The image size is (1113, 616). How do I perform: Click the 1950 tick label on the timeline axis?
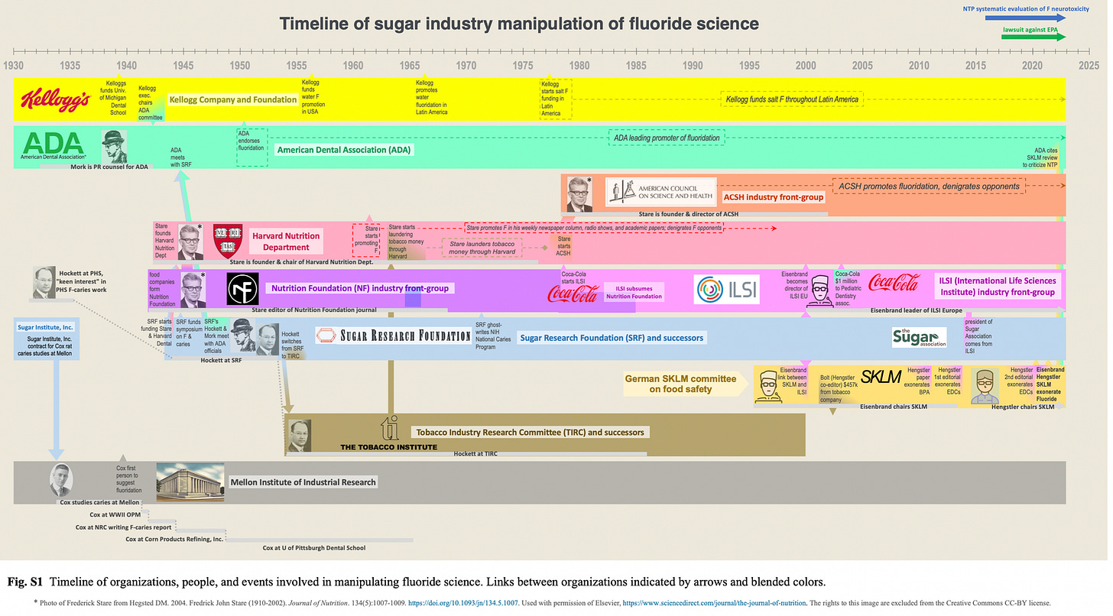click(240, 65)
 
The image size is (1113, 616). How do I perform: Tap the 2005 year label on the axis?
click(862, 65)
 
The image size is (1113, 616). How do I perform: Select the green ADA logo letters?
click(53, 144)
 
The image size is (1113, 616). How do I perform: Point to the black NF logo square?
click(242, 288)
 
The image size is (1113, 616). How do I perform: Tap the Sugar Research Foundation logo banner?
click(394, 336)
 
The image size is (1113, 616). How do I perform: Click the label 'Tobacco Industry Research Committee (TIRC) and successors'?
click(530, 432)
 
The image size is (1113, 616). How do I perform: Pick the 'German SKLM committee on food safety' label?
click(680, 384)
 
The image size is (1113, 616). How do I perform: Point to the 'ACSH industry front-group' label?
click(774, 196)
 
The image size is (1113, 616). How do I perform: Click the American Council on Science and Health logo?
click(661, 192)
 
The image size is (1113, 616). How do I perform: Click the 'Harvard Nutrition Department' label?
click(286, 242)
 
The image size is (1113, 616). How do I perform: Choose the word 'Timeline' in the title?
click(314, 24)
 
